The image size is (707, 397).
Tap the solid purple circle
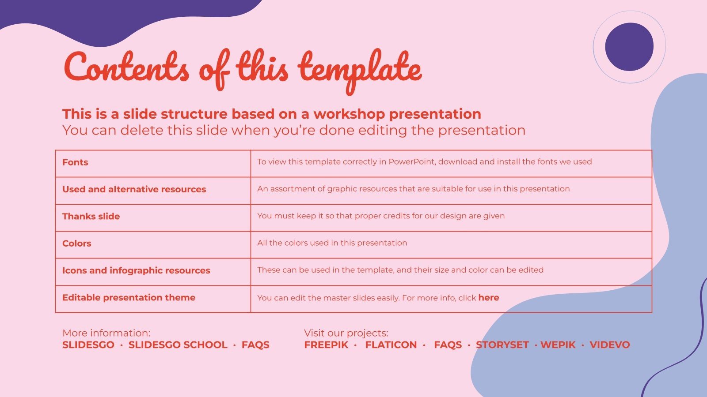point(629,47)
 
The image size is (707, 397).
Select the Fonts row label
point(75,162)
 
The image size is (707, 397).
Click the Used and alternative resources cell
point(134,189)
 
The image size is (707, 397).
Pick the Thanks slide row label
point(91,216)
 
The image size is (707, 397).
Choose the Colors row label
point(76,243)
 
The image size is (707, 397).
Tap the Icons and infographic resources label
point(136,270)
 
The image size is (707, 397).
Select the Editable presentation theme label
point(129,297)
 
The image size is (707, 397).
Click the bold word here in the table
point(488,298)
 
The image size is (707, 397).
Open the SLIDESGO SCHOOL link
point(178,345)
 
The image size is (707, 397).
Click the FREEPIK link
point(326,345)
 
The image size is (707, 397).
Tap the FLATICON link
point(391,345)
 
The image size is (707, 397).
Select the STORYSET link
point(502,345)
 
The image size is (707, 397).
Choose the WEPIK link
point(558,345)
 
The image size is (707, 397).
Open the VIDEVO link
point(609,345)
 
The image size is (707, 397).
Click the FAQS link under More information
point(255,345)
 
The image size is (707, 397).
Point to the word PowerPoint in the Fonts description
point(411,162)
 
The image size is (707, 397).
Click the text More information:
point(106,333)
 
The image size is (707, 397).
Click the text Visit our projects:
point(346,333)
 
